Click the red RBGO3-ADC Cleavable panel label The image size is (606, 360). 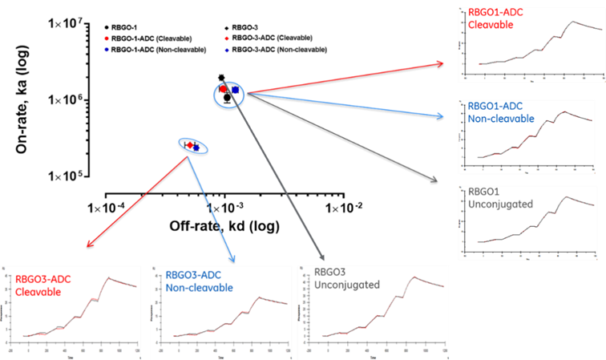tap(38, 285)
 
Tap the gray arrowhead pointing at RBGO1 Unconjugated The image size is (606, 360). tap(438, 182)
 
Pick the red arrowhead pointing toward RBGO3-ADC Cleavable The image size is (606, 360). tap(89, 245)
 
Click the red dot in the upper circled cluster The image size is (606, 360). tap(224, 89)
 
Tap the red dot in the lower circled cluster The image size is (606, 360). tap(190, 144)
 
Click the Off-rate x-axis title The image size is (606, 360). tap(224, 226)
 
